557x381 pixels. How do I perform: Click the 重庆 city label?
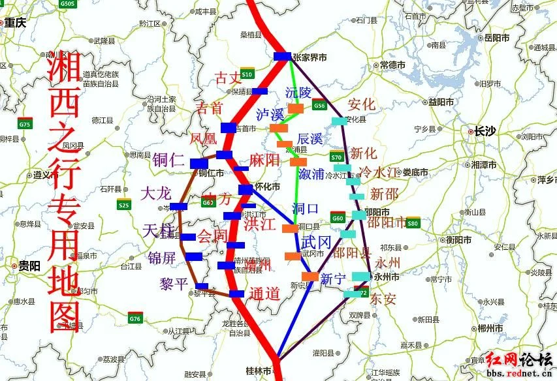[x=16, y=23]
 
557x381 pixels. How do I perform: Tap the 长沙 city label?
[x=485, y=131]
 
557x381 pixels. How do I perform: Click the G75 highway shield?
[x=25, y=124]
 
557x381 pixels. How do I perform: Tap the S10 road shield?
[x=247, y=74]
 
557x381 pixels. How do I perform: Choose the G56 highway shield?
[x=319, y=106]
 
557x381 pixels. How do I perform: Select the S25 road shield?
[x=124, y=206]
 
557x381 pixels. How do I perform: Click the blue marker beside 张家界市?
[x=283, y=56]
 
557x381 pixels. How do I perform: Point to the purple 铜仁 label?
[x=168, y=160]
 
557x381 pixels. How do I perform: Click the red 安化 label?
[x=361, y=104]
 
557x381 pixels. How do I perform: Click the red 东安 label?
[x=383, y=299]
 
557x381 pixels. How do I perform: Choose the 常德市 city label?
[x=392, y=65]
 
